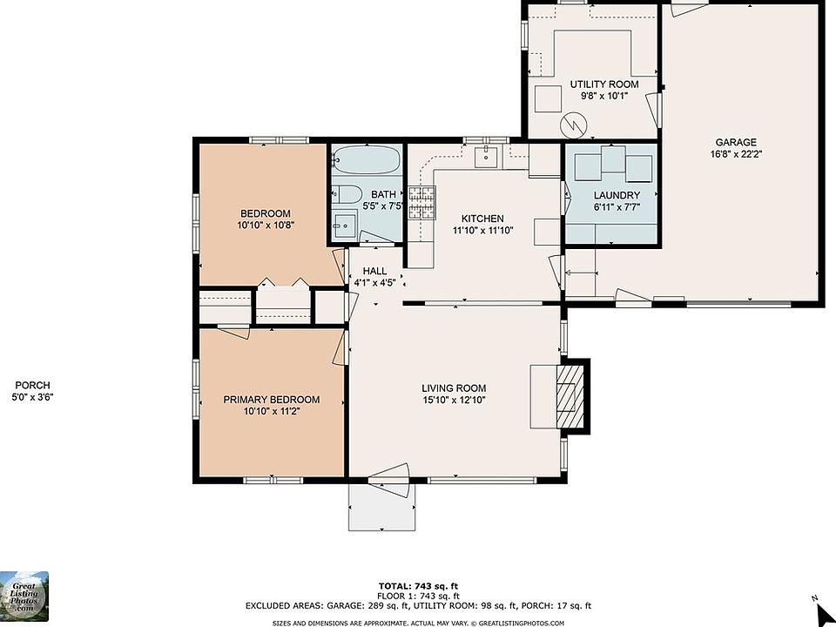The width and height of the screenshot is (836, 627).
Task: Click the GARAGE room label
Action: [x=736, y=142]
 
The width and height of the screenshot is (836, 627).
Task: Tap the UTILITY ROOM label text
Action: [x=604, y=84]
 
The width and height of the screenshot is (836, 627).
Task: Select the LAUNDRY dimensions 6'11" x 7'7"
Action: [x=617, y=207]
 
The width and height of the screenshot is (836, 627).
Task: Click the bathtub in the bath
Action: [x=367, y=159]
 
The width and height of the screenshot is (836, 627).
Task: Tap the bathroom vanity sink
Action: [x=345, y=225]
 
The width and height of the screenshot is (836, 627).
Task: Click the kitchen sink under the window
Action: [x=486, y=157]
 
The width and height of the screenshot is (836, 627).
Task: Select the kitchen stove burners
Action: [x=422, y=203]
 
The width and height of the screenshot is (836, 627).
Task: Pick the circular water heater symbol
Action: [x=573, y=125]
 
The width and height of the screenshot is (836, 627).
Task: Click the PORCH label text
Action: [x=32, y=385]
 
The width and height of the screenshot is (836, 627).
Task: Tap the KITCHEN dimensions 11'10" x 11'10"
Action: [x=482, y=230]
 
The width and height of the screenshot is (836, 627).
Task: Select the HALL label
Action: [x=374, y=271]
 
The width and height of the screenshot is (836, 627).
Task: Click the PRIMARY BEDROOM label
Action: [x=272, y=400]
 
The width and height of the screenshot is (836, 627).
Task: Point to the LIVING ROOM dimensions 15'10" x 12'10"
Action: [x=454, y=400]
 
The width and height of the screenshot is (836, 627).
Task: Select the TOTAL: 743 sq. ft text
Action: [x=418, y=586]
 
